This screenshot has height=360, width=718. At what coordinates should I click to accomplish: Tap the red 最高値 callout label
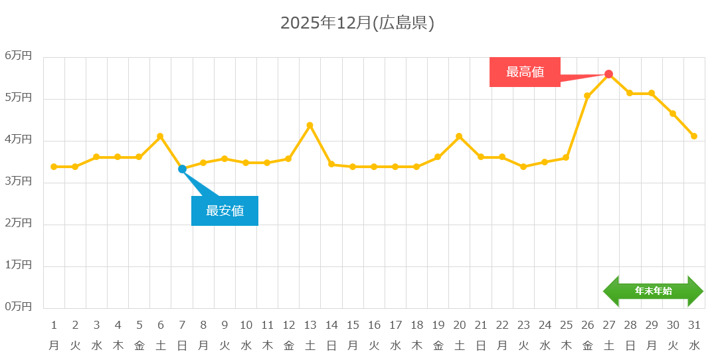pos(525,72)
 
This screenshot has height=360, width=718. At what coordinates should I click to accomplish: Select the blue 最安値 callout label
pos(224,211)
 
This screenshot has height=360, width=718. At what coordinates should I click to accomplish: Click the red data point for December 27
pos(608,74)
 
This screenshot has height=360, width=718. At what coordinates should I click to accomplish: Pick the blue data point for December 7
pos(182,169)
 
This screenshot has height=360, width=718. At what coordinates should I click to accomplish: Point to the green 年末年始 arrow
pos(653,291)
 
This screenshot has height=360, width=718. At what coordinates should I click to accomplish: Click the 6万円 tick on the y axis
pos(19,56)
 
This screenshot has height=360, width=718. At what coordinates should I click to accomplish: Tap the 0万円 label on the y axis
pos(19,306)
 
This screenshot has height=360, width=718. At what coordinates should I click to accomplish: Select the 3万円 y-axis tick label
pos(19,181)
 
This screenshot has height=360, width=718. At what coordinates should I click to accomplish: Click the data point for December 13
pos(310,125)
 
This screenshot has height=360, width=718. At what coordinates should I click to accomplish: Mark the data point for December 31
pos(694,136)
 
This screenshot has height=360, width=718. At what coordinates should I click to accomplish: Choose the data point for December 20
pos(459,136)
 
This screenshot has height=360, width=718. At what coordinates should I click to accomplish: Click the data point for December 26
pos(587,96)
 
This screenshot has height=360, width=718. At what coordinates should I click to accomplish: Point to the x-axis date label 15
pos(353,325)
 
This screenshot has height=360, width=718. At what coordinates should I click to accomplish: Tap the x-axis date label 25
pos(566,325)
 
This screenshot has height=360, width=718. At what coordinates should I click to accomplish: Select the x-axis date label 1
pos(54,325)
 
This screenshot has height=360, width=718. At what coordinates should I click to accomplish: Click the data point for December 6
pos(160,136)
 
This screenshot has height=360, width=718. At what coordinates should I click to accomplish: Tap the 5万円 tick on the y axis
pos(19,98)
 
